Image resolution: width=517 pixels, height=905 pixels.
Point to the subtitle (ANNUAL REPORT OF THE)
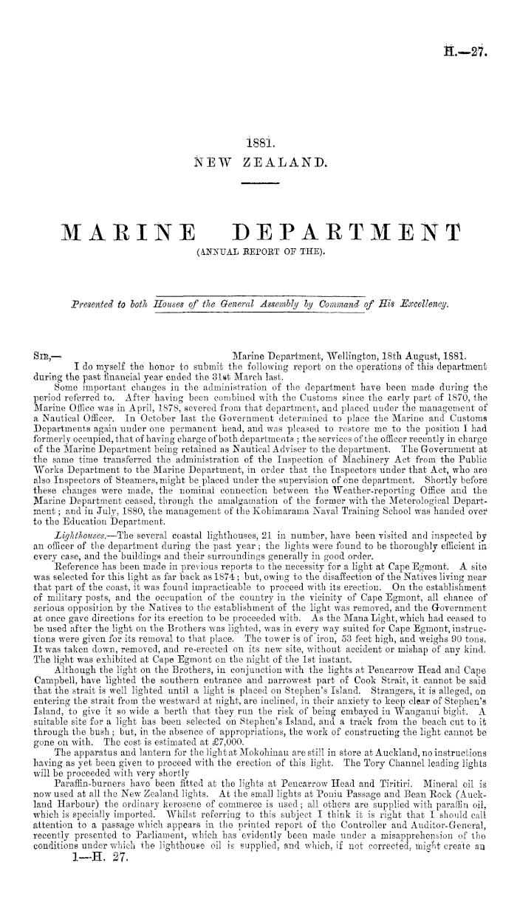[258, 258]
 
